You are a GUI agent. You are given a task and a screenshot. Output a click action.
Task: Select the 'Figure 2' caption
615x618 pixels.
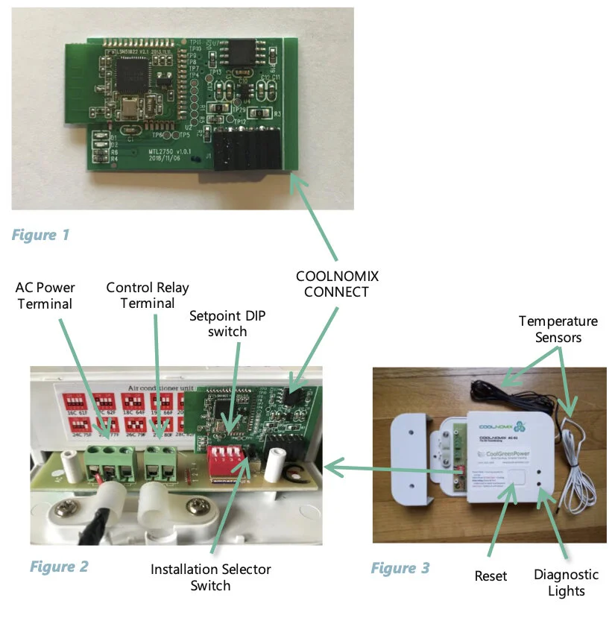59,567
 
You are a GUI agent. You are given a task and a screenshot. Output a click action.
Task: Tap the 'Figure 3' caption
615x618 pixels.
400,569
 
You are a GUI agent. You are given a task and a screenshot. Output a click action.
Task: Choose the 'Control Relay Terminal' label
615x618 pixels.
148,294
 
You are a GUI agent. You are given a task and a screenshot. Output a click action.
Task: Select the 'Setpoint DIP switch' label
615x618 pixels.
227,323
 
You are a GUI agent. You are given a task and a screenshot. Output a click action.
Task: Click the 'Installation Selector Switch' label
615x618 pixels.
211,577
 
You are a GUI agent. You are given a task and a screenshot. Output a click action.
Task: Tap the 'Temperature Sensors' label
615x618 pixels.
558,329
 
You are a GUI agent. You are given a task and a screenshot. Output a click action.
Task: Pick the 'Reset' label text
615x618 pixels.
491,576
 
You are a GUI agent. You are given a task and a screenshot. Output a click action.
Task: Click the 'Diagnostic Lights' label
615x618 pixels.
566,583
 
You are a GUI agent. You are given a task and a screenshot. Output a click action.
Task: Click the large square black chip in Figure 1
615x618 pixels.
135,74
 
